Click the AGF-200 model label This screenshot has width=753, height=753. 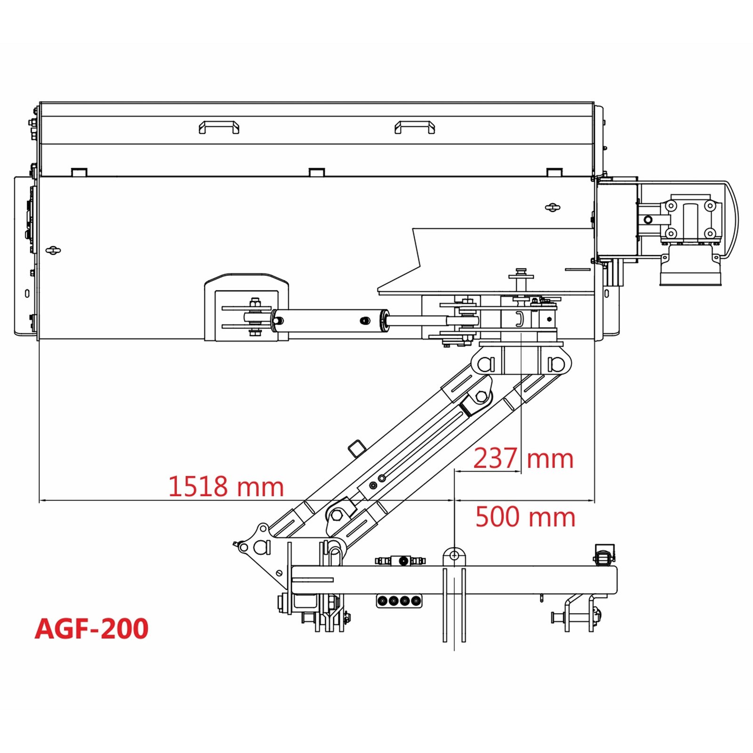92,628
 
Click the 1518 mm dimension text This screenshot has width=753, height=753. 226,486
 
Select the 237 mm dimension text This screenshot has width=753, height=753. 523,458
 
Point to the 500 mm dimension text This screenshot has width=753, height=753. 525,516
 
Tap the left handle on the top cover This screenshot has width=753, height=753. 219,127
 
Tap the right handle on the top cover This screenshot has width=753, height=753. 415,127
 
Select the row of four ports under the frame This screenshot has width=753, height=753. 399,601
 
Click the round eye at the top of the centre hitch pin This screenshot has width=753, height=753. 454,556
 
